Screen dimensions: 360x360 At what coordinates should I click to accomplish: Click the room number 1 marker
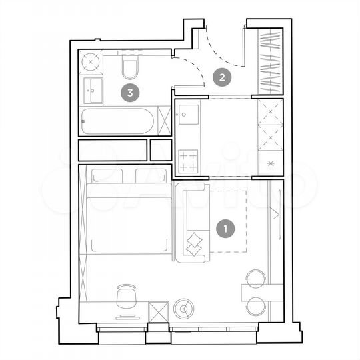(226, 229)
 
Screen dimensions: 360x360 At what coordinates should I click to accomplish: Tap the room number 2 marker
(222, 77)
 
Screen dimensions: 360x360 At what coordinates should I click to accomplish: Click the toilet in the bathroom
(130, 67)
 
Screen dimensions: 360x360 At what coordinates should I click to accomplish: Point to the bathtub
(116, 121)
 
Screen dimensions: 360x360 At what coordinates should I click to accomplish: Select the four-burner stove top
(189, 160)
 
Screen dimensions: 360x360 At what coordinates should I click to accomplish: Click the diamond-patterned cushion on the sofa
(195, 243)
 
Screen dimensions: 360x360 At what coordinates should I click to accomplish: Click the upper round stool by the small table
(256, 277)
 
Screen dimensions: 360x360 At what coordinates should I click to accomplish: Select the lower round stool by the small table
(256, 306)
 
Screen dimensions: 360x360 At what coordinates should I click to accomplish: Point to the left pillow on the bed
(107, 175)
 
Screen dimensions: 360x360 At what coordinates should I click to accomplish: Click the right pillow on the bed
(151, 175)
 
